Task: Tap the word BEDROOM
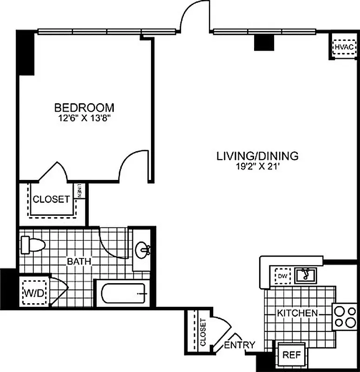pyautogui.click(x=84, y=108)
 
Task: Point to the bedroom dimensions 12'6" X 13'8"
pyautogui.click(x=84, y=118)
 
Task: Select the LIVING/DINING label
pyautogui.click(x=257, y=156)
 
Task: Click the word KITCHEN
pyautogui.click(x=297, y=313)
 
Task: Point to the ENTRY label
pyautogui.click(x=240, y=345)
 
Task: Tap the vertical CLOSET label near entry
pyautogui.click(x=203, y=332)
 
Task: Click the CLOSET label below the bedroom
pyautogui.click(x=51, y=199)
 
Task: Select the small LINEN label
pyautogui.click(x=80, y=191)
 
